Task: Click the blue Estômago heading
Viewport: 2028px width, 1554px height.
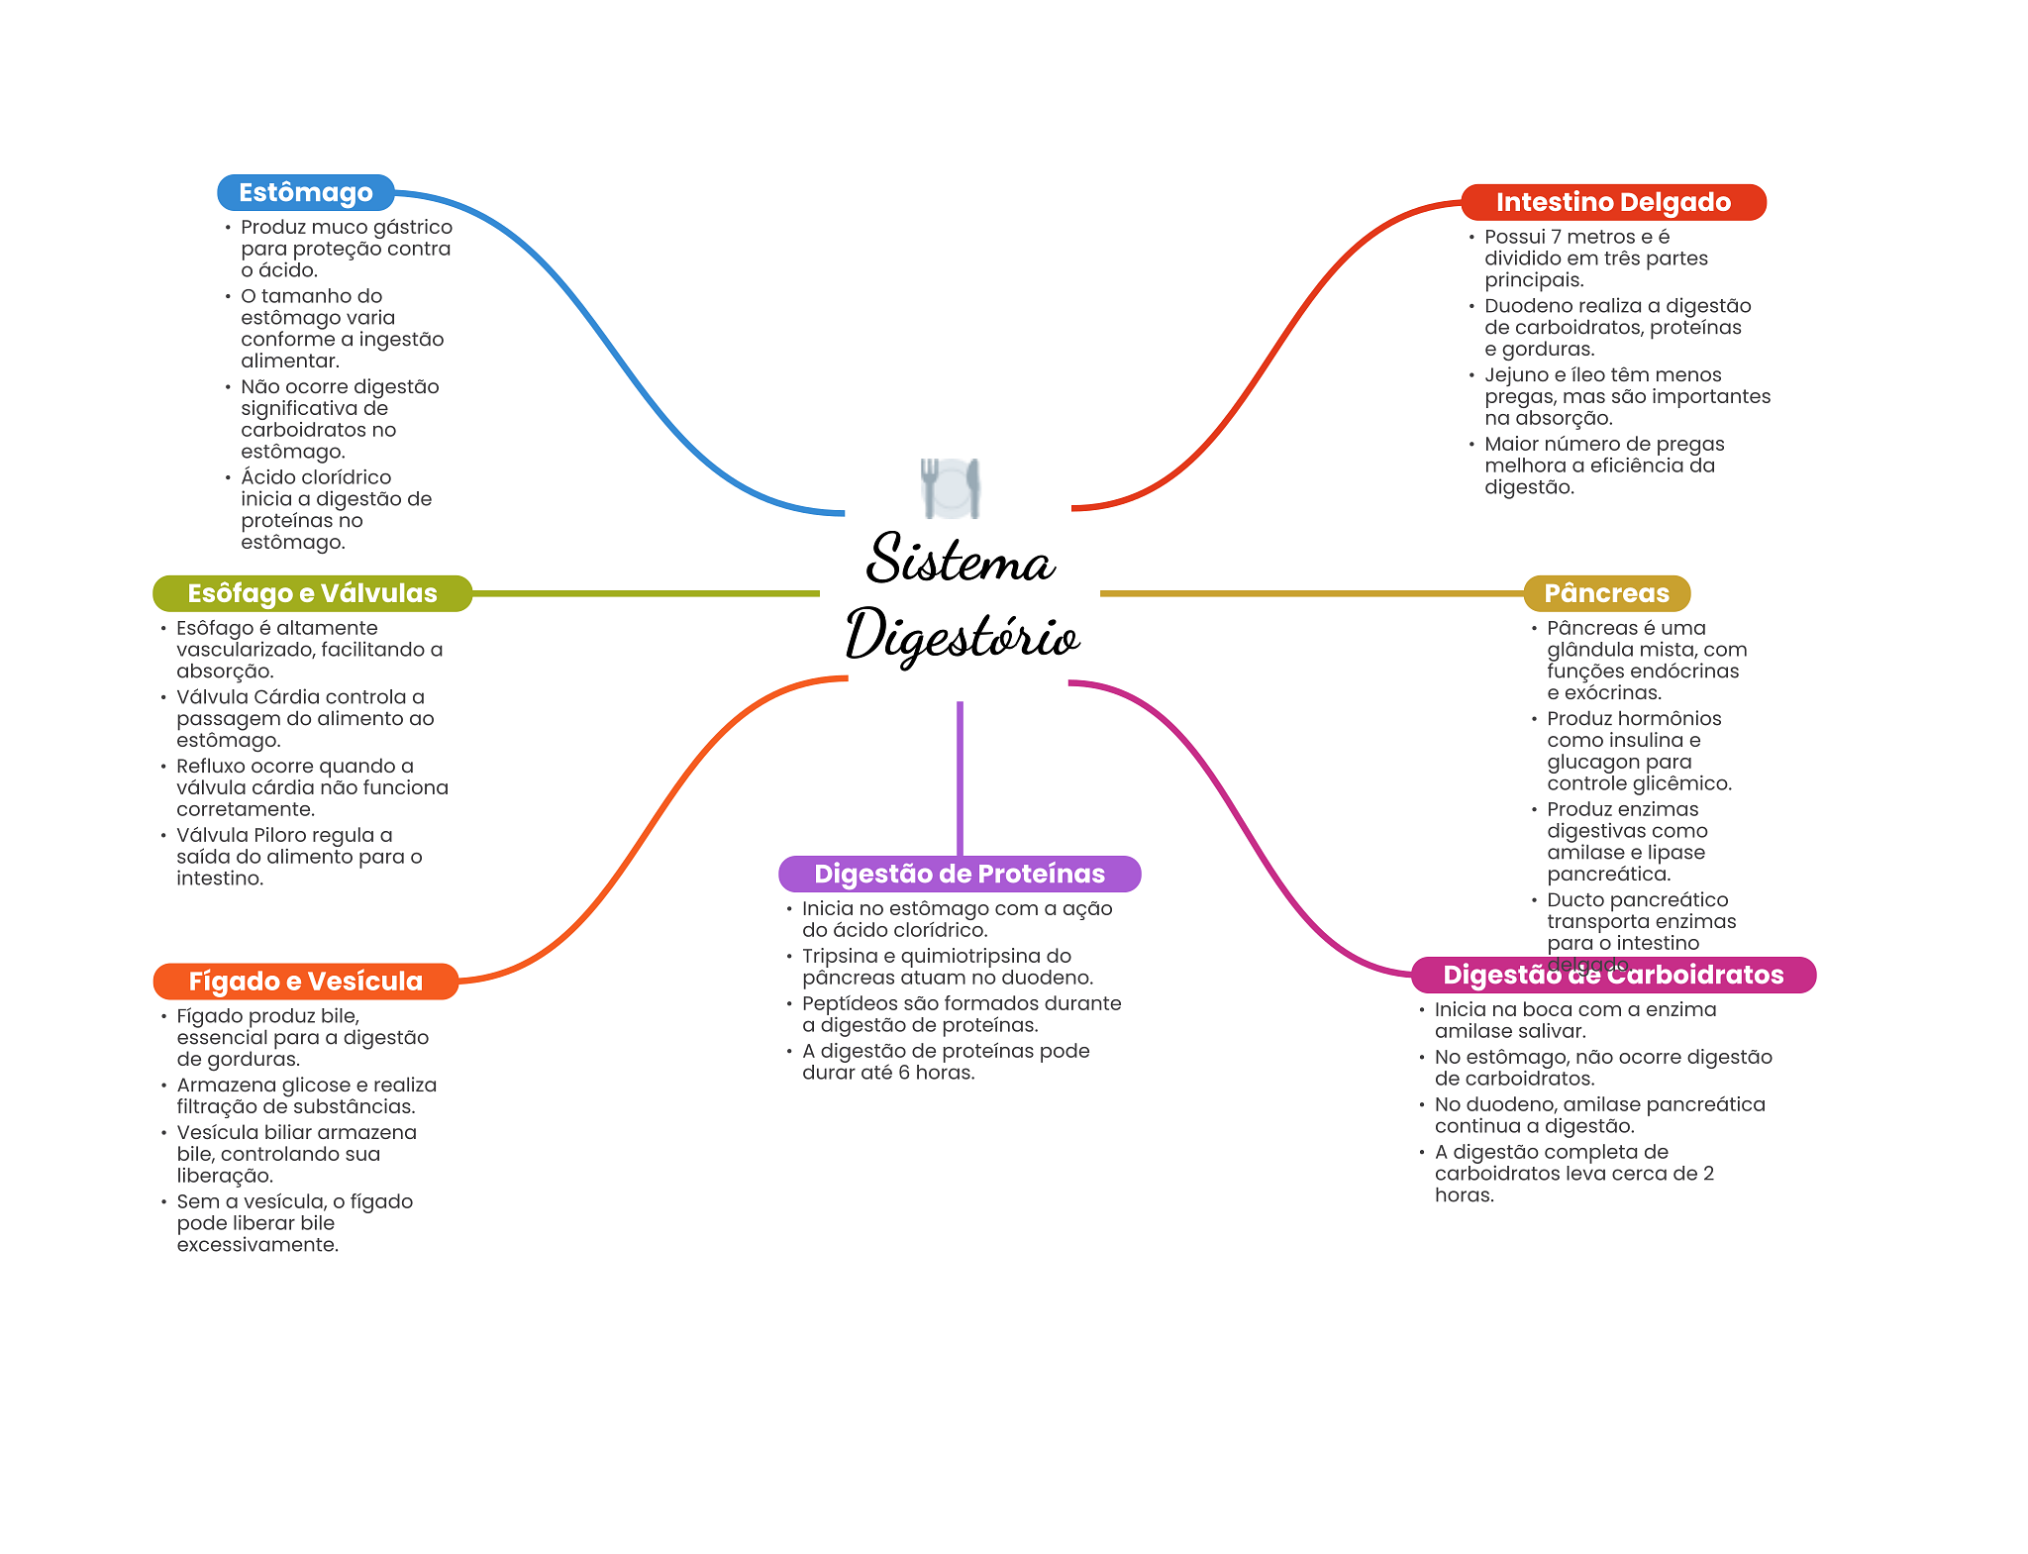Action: [306, 192]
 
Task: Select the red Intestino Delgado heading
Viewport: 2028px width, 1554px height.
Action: [1613, 202]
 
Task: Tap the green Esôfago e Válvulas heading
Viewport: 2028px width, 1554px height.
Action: [312, 593]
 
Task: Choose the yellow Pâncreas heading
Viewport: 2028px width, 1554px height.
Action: [1606, 593]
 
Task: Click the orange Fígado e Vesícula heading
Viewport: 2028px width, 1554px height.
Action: [306, 982]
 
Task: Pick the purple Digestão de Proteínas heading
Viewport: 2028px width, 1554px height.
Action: [960, 874]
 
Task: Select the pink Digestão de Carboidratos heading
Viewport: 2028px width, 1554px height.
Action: [1613, 975]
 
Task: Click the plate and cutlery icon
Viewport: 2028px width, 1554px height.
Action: [951, 488]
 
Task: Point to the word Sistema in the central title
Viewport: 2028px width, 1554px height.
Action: [961, 558]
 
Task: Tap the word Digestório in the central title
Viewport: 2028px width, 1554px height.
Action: [962, 636]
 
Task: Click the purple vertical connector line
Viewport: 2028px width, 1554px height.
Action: [960, 778]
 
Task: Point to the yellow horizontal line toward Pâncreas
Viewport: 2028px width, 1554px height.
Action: [1311, 593]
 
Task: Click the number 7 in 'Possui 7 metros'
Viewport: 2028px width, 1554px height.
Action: [1557, 237]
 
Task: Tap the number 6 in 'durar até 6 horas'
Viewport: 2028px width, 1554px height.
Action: [903, 1073]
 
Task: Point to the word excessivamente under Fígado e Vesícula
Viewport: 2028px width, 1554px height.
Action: [257, 1245]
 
